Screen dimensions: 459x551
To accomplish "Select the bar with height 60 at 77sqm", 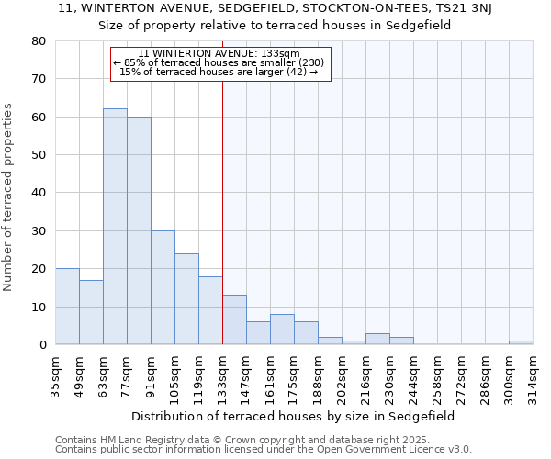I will point(139,230).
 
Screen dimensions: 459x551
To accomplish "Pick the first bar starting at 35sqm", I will point(67,307).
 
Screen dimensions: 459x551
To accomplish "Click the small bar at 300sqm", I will point(521,342).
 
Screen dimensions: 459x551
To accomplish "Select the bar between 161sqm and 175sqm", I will point(282,330).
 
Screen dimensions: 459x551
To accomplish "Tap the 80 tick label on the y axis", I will point(39,41).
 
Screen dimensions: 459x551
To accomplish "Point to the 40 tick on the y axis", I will point(39,193).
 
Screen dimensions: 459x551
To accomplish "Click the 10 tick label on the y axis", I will point(39,307).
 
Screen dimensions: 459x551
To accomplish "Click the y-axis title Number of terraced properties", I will point(9,196).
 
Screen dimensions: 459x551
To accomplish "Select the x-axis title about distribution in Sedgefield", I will point(293,416).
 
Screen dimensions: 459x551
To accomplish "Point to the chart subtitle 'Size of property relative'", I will point(275,26).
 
